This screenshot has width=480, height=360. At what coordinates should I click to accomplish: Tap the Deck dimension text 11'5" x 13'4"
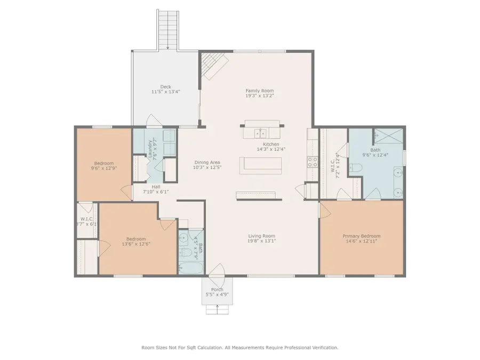point(165,92)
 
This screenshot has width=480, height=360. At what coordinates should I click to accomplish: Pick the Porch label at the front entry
point(217,290)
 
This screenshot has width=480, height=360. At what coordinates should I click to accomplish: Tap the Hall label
point(156,186)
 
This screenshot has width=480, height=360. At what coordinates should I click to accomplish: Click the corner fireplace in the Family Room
point(212,65)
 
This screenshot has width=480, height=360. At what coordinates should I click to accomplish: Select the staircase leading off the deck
point(168,29)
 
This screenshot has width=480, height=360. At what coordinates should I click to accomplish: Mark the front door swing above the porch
point(218,274)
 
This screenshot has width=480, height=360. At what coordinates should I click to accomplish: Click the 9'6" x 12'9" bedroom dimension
point(105,168)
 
